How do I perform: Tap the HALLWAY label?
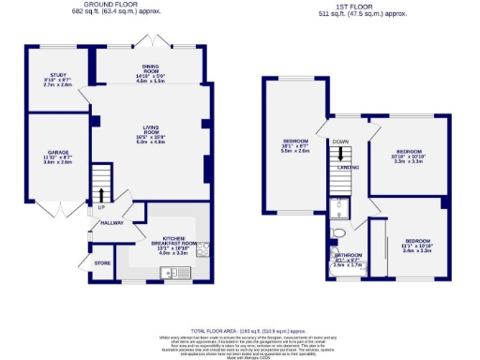[x=112, y=223]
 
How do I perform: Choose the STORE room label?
[x=101, y=264]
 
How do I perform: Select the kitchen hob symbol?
[x=202, y=248]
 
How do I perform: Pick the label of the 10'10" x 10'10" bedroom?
[x=409, y=154]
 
